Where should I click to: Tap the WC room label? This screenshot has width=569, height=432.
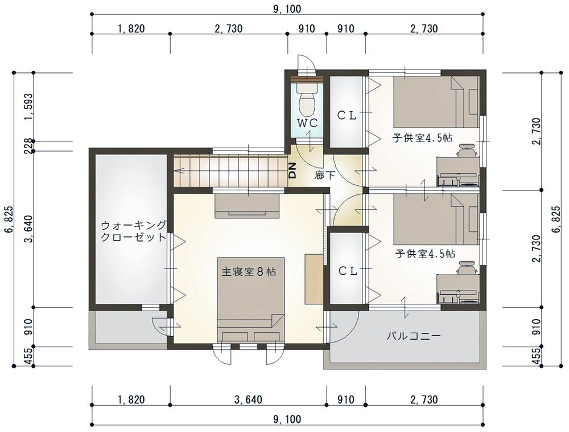click(x=307, y=123)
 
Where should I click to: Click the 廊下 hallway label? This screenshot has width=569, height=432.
click(x=325, y=175)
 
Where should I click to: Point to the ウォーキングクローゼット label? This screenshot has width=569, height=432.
click(x=134, y=231)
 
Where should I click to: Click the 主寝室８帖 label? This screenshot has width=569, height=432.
click(x=249, y=271)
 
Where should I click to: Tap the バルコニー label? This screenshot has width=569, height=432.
click(x=413, y=336)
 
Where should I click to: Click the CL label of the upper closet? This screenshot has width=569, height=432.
click(x=347, y=116)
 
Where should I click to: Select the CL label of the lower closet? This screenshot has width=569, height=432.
click(x=348, y=271)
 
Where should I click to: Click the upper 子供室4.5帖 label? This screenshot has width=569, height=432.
click(x=422, y=138)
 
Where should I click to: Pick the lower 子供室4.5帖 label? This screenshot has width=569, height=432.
click(x=426, y=253)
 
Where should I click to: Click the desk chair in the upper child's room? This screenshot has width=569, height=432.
click(x=467, y=150)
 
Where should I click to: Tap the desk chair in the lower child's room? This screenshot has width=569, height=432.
click(x=467, y=268)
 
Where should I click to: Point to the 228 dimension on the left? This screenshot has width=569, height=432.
click(x=28, y=146)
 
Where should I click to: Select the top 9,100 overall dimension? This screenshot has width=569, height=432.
click(x=287, y=9)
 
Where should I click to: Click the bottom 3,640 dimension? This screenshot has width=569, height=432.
click(x=248, y=400)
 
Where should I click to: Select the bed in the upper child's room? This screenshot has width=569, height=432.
click(x=436, y=102)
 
